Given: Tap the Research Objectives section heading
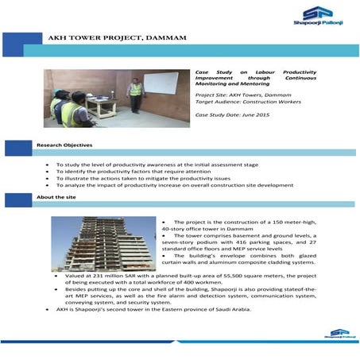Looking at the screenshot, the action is tap(64, 145).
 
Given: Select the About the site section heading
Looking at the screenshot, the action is tap(56, 197).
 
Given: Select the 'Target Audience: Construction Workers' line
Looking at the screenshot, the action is tap(247, 103).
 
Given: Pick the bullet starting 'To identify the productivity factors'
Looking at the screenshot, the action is tap(133, 171).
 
